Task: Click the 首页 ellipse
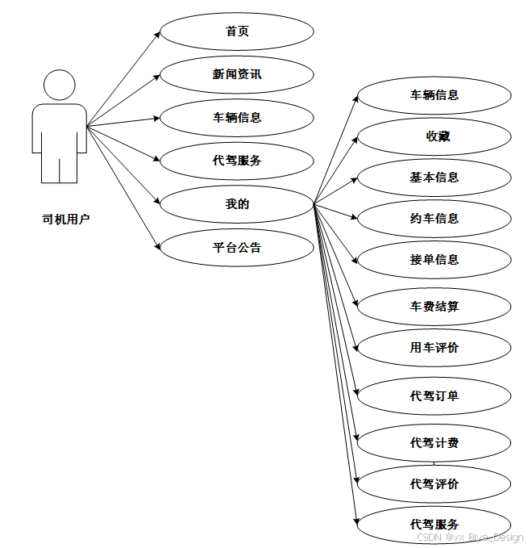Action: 237,31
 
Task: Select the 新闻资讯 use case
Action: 237,74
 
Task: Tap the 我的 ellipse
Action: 237,204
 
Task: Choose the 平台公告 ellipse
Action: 237,248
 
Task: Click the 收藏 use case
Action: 434,136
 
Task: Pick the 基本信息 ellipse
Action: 434,178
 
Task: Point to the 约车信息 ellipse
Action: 434,219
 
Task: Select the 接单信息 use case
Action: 434,260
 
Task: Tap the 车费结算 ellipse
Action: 434,307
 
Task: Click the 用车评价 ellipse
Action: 434,348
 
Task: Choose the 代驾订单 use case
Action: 434,396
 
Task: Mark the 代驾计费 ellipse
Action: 434,443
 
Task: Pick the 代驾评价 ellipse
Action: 434,484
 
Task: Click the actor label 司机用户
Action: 66,220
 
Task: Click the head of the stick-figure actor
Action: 60,85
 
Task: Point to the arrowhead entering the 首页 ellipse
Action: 158,34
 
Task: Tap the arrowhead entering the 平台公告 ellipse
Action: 158,246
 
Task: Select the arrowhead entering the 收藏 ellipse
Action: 355,140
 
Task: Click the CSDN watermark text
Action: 470,537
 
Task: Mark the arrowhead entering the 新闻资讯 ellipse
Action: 157,77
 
